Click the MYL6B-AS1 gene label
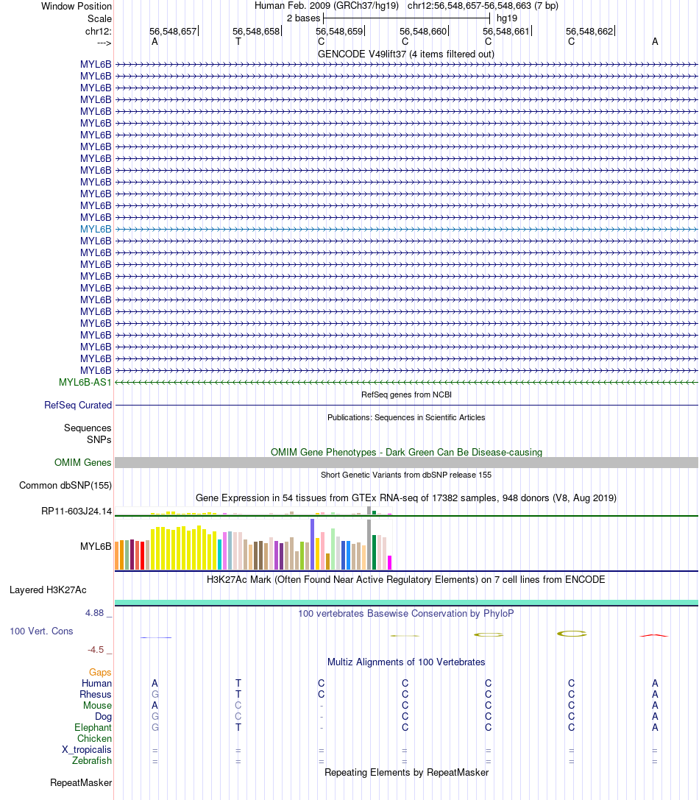tap(85, 382)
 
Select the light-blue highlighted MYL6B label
tap(96, 229)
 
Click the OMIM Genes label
tap(83, 462)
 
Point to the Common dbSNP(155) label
tap(65, 485)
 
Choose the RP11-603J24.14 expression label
tap(77, 511)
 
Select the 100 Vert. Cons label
tap(41, 631)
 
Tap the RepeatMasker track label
tap(81, 782)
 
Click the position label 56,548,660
tap(423, 32)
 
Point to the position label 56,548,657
tap(173, 32)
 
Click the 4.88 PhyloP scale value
tap(96, 612)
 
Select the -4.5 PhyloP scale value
tap(96, 650)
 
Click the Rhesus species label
tap(96, 694)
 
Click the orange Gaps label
tap(100, 672)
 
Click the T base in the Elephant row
tap(238, 727)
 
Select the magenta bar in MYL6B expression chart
tap(389, 562)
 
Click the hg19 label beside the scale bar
tap(507, 18)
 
